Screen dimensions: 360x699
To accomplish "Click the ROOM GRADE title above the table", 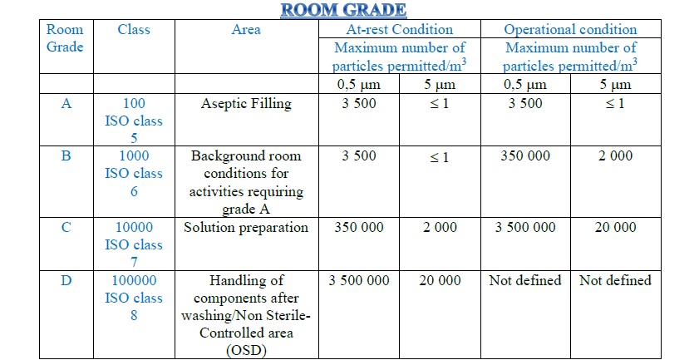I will [x=342, y=10].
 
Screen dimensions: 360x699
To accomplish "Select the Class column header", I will [x=134, y=30].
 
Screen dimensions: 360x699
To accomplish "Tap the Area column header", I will [x=246, y=30].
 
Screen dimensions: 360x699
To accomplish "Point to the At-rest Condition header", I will [x=399, y=30].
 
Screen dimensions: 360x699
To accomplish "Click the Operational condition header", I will [x=570, y=30].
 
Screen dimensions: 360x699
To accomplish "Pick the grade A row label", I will [x=66, y=104].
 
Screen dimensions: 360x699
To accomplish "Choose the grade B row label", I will [x=66, y=155].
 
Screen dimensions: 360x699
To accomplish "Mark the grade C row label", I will [x=66, y=227].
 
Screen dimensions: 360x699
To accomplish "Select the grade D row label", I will [x=66, y=281].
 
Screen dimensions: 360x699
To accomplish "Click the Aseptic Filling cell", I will [x=246, y=104].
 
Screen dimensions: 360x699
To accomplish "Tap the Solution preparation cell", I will [x=246, y=227].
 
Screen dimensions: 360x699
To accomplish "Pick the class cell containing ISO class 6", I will [x=134, y=173].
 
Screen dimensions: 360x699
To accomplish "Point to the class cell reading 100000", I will [x=134, y=281].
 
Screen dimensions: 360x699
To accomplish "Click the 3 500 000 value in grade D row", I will [x=359, y=281].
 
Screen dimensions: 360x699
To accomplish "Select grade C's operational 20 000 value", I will [x=615, y=227].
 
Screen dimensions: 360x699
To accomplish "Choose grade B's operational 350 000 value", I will [x=525, y=155].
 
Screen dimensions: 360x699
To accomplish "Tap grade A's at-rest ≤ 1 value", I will [x=440, y=104].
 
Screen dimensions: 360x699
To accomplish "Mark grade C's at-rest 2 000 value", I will [x=440, y=227].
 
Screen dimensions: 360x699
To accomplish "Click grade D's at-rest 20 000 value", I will [x=440, y=281].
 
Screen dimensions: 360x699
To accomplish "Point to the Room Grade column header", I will [x=65, y=38].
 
